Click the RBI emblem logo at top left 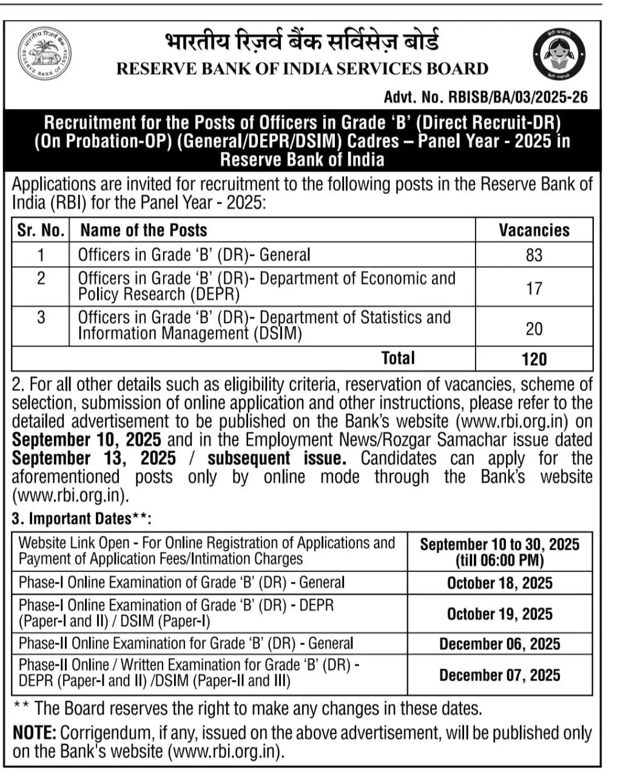click(44, 54)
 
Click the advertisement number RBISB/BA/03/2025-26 click(485, 97)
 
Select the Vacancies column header click(534, 230)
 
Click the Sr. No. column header click(41, 230)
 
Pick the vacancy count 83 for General click(534, 255)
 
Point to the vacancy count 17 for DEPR click(534, 288)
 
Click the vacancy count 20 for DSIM click(534, 329)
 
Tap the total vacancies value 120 click(534, 359)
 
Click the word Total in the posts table click(398, 358)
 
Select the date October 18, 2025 click(499, 583)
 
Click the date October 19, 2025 click(499, 614)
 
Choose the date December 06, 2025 click(499, 644)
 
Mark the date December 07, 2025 click(499, 675)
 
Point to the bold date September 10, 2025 click(87, 440)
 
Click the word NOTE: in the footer click(35, 732)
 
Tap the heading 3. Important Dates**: click(81, 519)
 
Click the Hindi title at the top click(302, 42)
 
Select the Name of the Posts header click(144, 230)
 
